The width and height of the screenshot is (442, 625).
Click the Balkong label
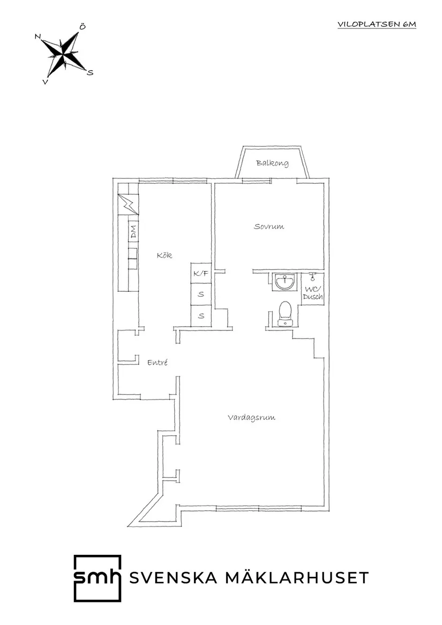click(272, 163)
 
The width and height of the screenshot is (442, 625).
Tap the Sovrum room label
click(269, 227)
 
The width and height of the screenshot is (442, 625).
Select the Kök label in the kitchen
click(164, 255)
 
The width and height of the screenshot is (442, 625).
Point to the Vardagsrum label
click(251, 418)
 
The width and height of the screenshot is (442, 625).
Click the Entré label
click(158, 363)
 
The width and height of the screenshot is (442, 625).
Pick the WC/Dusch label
click(313, 293)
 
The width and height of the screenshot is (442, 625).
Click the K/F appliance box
click(201, 274)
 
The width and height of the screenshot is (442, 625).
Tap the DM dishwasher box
click(133, 232)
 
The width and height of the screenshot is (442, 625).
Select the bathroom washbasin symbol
click(284, 281)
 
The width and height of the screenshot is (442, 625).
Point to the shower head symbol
click(312, 277)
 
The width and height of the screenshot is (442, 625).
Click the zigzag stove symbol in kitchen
click(128, 204)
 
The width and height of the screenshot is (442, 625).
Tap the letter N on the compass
click(38, 36)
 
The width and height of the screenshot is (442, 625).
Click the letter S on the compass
click(90, 73)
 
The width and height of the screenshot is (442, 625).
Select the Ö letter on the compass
click(82, 26)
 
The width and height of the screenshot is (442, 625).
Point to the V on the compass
click(46, 82)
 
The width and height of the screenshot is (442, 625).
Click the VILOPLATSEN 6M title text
click(377, 24)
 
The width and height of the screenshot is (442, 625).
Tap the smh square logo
click(97, 578)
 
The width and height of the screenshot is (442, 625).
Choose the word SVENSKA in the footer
click(174, 578)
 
